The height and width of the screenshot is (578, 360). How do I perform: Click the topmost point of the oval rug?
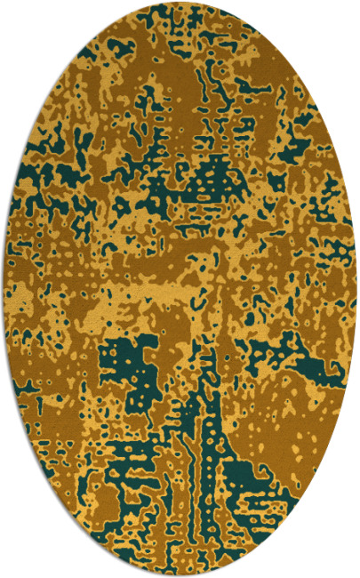coord(180,3)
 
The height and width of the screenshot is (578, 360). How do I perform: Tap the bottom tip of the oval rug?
coord(180,575)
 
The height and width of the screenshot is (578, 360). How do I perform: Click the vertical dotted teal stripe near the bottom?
coord(206,462)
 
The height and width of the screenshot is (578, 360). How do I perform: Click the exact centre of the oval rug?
coord(180,289)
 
